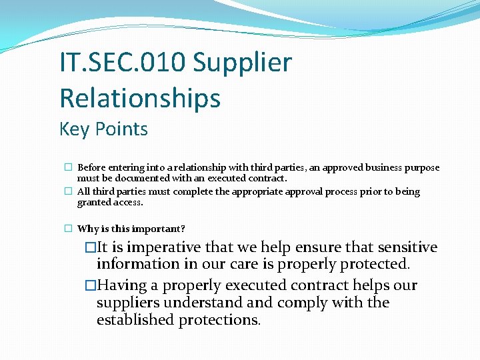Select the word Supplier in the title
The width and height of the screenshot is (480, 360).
coord(243,63)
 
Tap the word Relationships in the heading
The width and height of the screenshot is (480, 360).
coord(140,98)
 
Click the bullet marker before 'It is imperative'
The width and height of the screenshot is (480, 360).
coord(91,248)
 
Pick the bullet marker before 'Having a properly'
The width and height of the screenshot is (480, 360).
coord(91,286)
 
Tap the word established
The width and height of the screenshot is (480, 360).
coord(135,321)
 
